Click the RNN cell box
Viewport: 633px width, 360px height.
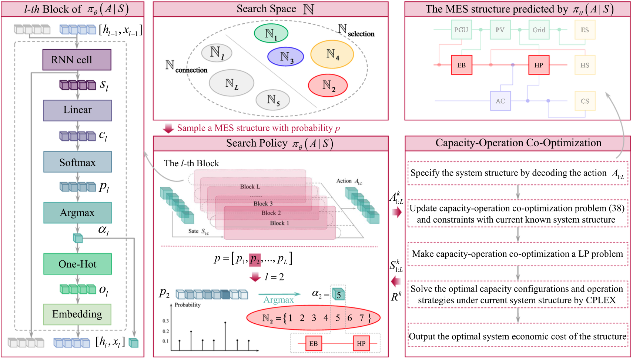pyautogui.click(x=77, y=60)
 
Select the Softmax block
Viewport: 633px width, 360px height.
pyautogui.click(x=77, y=162)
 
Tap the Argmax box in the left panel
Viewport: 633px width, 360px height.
pyautogui.click(x=77, y=213)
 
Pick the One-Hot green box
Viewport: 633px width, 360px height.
pyautogui.click(x=77, y=264)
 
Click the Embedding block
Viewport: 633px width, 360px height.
pyautogui.click(x=77, y=314)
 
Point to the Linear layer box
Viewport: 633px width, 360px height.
pyautogui.click(x=77, y=110)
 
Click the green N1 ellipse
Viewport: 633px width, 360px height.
pyautogui.click(x=271, y=33)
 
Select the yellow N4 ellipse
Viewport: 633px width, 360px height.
pyautogui.click(x=332, y=54)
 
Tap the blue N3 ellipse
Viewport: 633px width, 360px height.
pyautogui.click(x=285, y=57)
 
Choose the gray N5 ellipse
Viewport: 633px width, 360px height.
pyautogui.click(x=273, y=100)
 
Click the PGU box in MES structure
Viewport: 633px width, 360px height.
pyautogui.click(x=461, y=30)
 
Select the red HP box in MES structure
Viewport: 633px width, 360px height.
pyautogui.click(x=539, y=65)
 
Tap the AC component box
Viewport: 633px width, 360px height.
pyautogui.click(x=500, y=101)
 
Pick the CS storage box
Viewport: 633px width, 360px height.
pyautogui.click(x=585, y=101)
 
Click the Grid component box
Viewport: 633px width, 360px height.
pyautogui.click(x=539, y=30)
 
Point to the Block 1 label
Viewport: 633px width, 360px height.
pyautogui.click(x=279, y=223)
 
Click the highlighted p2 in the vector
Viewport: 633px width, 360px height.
pyautogui.click(x=255, y=259)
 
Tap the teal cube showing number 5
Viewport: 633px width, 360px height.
pyautogui.click(x=338, y=294)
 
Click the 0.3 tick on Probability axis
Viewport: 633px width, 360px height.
pyautogui.click(x=165, y=321)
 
